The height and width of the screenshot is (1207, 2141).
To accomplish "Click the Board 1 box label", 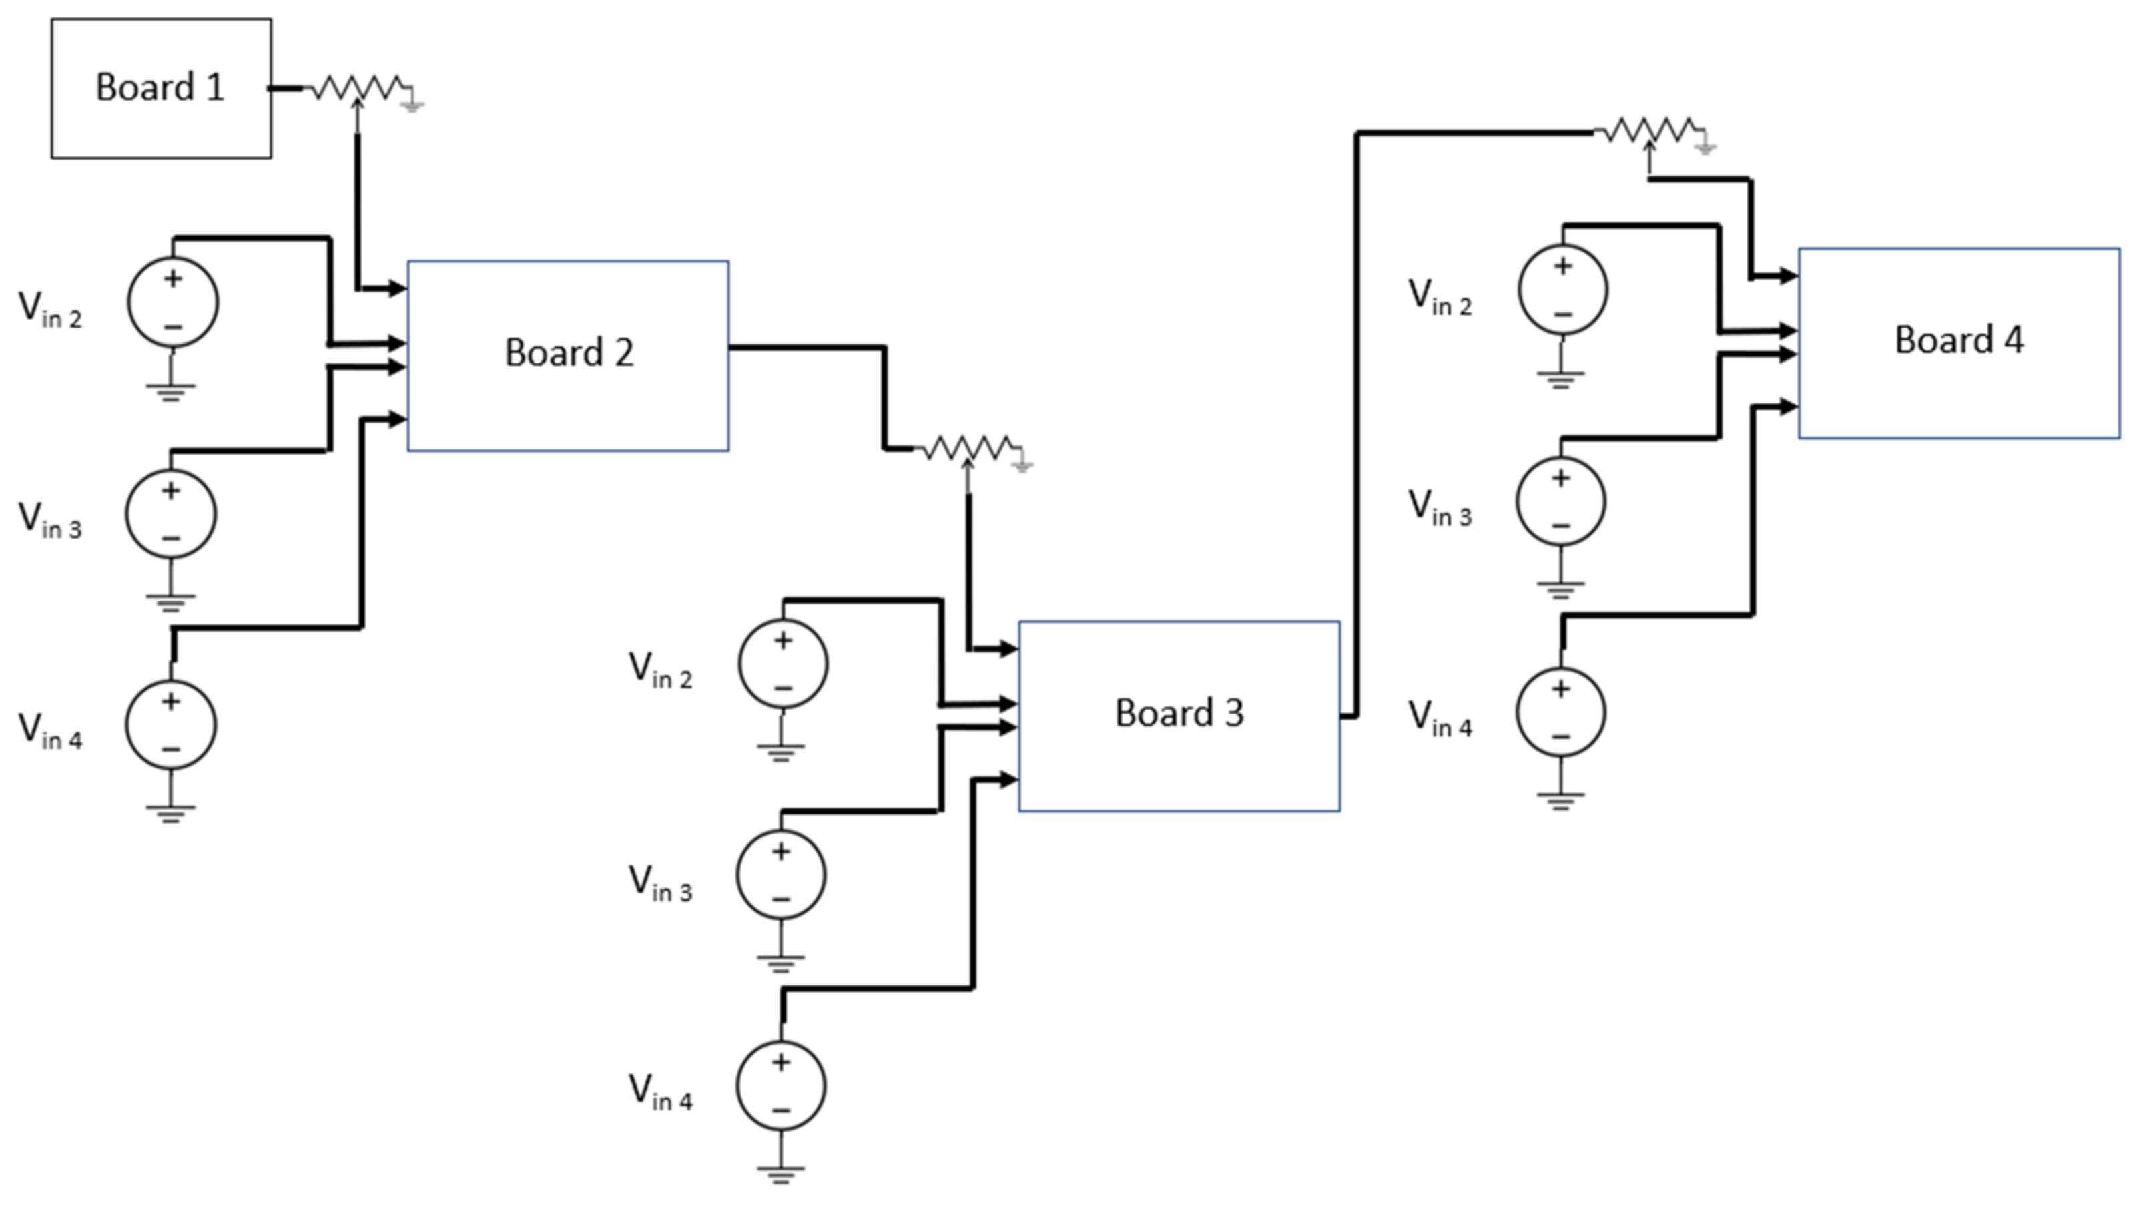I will coord(160,87).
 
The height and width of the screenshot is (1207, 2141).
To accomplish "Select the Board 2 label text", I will coord(569,352).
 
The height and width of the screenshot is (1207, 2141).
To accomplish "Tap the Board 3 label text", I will coord(1179,712).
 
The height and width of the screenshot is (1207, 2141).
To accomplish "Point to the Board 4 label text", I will coord(1958,340).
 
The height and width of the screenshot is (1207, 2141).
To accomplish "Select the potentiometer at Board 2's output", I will coord(966,449).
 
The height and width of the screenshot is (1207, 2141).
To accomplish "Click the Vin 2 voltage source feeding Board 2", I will coord(173,302).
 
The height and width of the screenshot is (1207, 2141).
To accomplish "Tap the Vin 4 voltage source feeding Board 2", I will coord(172,725).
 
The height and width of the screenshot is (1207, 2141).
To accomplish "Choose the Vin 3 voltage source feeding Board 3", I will coord(780,875).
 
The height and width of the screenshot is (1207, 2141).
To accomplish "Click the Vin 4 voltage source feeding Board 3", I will coord(780,1085).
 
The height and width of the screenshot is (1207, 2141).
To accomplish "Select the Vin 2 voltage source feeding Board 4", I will coord(1562,290).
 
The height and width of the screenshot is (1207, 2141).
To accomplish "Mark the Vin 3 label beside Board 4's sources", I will coord(1440,507).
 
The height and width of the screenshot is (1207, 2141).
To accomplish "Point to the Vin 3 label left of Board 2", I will coord(50,520).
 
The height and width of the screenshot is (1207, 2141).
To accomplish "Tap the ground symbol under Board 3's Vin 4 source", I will coord(780,1174).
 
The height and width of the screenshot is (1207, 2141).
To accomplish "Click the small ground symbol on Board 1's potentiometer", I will coord(413,105).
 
